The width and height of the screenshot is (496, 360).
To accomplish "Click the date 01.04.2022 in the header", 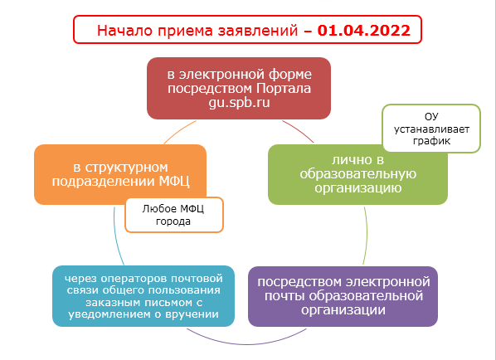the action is pos(364,31).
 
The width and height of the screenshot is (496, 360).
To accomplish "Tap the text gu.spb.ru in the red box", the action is pos(239,103).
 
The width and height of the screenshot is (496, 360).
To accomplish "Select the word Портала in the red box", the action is pos(284,88).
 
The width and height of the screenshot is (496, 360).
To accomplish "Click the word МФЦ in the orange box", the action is pos(174,182).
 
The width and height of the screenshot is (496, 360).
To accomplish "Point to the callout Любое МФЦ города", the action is pos(174,215).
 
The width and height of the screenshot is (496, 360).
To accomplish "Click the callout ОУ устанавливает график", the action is pos(431,129).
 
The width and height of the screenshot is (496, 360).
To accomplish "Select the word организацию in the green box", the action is pos(357,188).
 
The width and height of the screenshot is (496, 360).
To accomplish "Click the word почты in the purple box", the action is pos(285,296).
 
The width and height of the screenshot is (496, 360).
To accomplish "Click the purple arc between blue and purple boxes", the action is pos(246,343).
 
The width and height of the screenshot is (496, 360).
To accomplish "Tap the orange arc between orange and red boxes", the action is pos(179,131).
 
